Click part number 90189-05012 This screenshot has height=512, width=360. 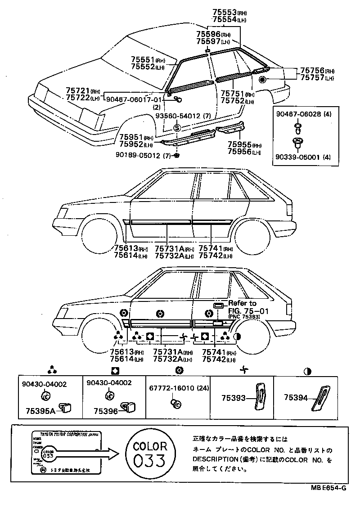pyautogui.click(x=141, y=155)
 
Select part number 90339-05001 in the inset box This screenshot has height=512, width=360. pyautogui.click(x=297, y=157)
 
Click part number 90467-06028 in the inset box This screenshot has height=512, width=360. pyautogui.click(x=297, y=114)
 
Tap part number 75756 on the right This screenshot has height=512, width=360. pyautogui.click(x=311, y=71)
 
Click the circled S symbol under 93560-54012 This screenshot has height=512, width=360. pyautogui.click(x=177, y=128)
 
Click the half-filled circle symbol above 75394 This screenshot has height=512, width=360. pyautogui.click(x=308, y=372)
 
